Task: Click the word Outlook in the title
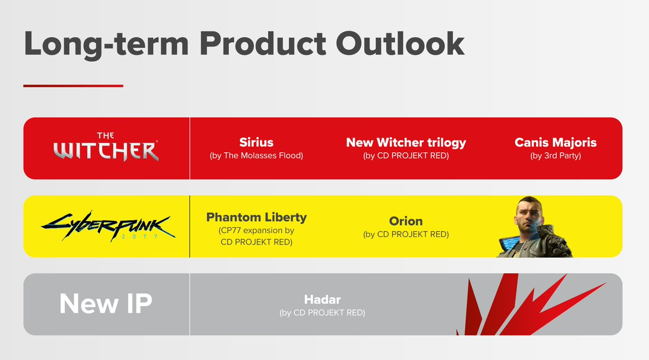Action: point(400,43)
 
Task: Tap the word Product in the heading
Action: point(263,43)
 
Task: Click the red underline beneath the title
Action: point(73,86)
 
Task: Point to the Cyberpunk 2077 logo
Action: point(108,226)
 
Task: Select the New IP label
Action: point(106,303)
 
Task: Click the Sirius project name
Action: point(256,142)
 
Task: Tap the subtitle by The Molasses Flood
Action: point(256,156)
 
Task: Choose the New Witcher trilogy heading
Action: point(406,143)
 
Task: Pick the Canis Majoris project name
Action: point(556,143)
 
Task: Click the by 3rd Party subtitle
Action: point(556,156)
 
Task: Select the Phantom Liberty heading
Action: point(256,217)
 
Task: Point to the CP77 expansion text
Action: point(256,236)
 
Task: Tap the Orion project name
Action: point(406,221)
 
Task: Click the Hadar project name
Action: point(323,299)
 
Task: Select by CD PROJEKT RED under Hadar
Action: point(323,313)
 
